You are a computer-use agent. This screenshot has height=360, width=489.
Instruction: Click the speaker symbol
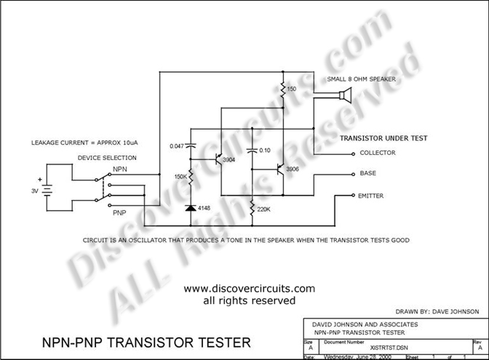point(344,95)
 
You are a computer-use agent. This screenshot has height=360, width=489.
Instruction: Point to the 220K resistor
point(252,209)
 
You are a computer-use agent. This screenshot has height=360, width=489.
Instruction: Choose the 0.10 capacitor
point(252,151)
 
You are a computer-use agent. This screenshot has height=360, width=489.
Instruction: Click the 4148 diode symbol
point(192,208)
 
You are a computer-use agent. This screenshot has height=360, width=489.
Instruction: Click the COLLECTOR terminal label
point(377,153)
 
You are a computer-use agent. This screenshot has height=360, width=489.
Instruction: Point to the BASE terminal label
point(367,174)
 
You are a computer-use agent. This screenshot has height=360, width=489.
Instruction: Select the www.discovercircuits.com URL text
point(249,288)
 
